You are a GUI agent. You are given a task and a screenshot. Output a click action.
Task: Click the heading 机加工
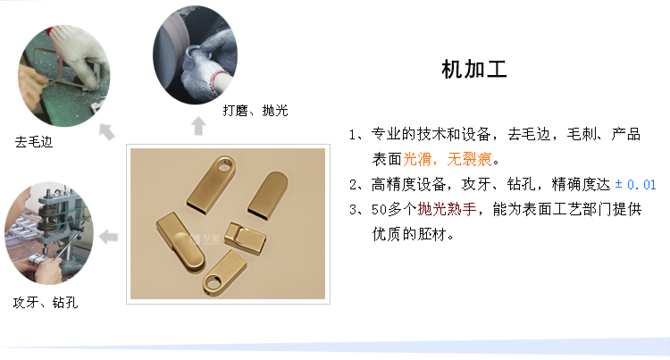pos(474,71)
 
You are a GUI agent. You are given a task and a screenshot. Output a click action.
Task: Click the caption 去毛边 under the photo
pos(34,141)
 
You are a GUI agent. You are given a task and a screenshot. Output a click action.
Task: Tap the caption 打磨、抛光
pos(255,111)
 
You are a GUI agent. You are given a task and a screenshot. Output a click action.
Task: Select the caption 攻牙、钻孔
pos(45,303)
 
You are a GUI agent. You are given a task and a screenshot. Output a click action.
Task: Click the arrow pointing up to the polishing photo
pos(198,126)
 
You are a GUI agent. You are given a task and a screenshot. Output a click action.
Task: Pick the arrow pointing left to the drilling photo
pos(109,237)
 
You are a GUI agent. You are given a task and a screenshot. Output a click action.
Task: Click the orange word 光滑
pos(416,159)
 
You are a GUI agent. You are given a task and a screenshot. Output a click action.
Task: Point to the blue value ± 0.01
pos(636,185)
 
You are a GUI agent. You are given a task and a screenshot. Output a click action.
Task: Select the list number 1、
pos(358,135)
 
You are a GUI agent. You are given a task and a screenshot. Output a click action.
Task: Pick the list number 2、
pos(358,185)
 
